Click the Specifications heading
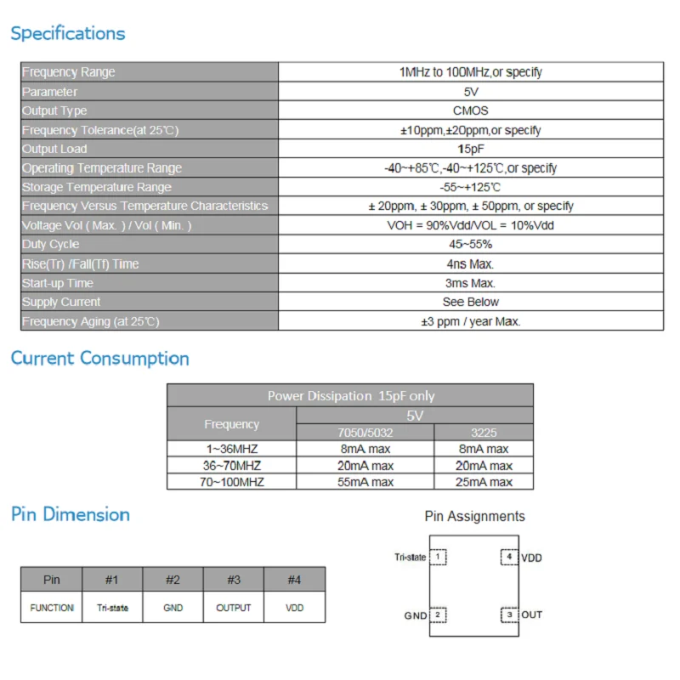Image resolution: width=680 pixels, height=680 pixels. pyautogui.click(x=68, y=34)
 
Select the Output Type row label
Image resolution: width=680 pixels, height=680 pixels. pyautogui.click(x=54, y=110)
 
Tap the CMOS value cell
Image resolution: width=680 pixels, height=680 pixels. pyautogui.click(x=470, y=110)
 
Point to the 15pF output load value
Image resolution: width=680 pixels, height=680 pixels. pyautogui.click(x=470, y=149)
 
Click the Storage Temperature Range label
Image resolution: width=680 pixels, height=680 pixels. pyautogui.click(x=97, y=187)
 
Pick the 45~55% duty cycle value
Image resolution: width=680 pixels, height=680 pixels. pyautogui.click(x=470, y=245)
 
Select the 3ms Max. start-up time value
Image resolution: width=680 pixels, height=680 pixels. pyautogui.click(x=470, y=283)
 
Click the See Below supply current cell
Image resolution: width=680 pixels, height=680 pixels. pyautogui.click(x=470, y=302)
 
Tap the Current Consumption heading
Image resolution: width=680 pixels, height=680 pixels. pyautogui.click(x=99, y=359)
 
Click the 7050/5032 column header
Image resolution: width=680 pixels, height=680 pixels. pyautogui.click(x=365, y=433)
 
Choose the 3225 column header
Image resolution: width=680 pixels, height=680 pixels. pyautogui.click(x=484, y=433)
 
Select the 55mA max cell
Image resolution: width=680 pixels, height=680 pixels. pyautogui.click(x=365, y=482)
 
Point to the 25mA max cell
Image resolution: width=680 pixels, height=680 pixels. pyautogui.click(x=484, y=482)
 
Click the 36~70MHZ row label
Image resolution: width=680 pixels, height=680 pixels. pyautogui.click(x=231, y=466)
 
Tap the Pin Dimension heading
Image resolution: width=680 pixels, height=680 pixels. pyautogui.click(x=71, y=515)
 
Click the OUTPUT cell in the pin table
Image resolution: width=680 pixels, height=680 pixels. pyautogui.click(x=234, y=608)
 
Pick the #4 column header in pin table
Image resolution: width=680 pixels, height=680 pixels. pyautogui.click(x=294, y=580)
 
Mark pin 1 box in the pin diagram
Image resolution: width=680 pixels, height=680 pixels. pyautogui.click(x=438, y=558)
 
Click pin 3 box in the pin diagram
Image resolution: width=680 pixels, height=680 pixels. pyautogui.click(x=509, y=615)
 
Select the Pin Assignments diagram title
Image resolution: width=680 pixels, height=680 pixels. pyautogui.click(x=474, y=516)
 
